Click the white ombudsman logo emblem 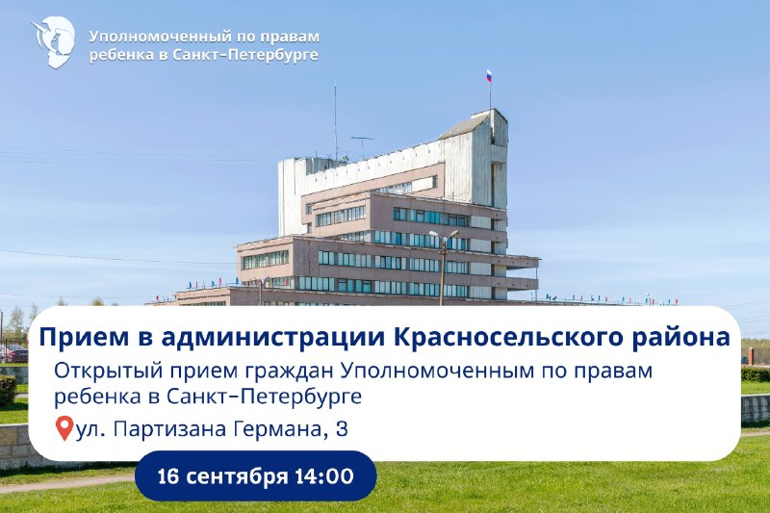point(54,41)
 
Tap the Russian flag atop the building point(489,76)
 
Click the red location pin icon point(64,428)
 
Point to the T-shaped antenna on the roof point(363,147)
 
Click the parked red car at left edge point(13,353)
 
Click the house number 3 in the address point(342,429)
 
